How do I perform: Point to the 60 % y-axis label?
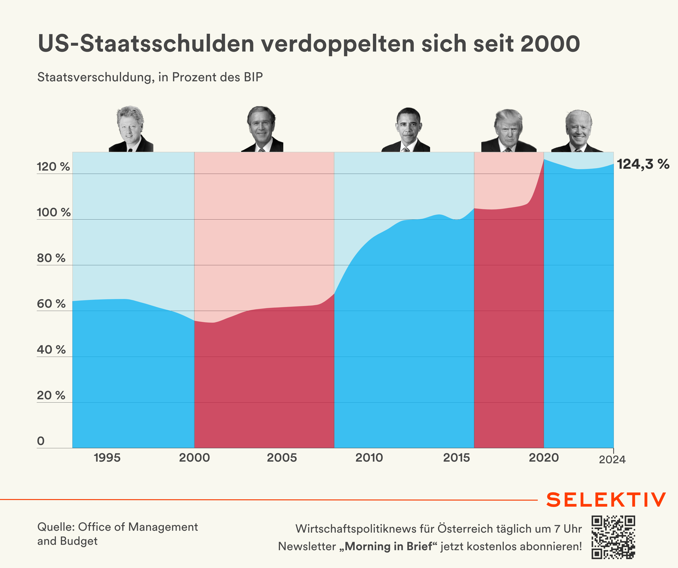coord(51,304)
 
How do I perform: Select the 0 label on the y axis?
coord(41,441)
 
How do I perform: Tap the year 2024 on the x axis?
coord(612,460)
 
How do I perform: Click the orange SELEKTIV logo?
coord(606,500)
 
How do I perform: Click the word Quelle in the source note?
coord(56,527)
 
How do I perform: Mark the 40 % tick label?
coord(51,350)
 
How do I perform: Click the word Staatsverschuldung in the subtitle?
coord(96,77)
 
